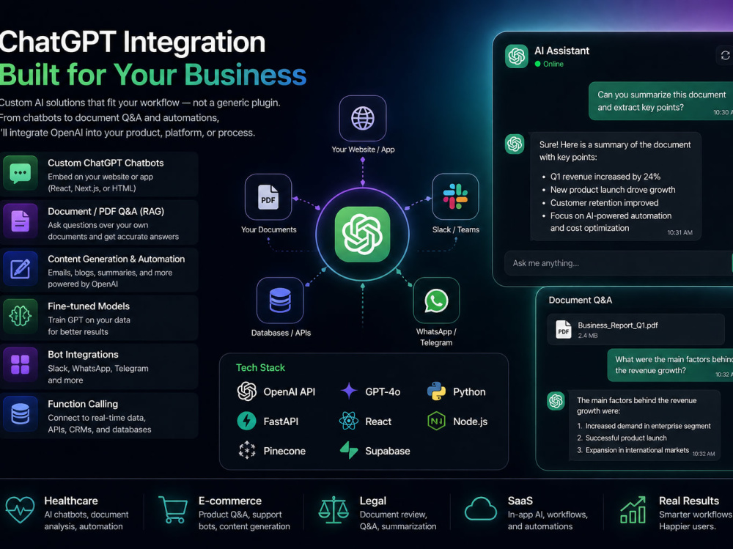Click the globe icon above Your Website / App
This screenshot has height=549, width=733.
[x=363, y=118]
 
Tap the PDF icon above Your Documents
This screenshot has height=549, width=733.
[x=268, y=197]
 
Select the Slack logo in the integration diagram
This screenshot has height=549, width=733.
[x=455, y=196]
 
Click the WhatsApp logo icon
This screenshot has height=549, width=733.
[x=436, y=301]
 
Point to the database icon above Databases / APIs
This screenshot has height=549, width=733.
[x=280, y=301]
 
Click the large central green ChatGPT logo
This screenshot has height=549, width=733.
[x=362, y=235]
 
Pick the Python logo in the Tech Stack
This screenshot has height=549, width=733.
[x=436, y=391]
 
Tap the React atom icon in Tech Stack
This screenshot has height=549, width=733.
[x=348, y=421]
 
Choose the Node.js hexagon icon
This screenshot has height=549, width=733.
[x=436, y=421]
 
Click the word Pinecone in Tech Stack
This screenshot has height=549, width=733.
[x=284, y=451]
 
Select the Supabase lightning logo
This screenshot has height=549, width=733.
[x=349, y=450]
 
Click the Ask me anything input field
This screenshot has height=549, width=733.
[x=618, y=263]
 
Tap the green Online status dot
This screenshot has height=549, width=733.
[x=537, y=64]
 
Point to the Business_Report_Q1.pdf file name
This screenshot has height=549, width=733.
[x=617, y=325]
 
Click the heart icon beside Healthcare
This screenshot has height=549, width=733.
[x=20, y=509]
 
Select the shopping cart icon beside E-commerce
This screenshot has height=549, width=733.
[x=174, y=509]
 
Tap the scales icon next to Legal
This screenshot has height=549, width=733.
[x=334, y=509]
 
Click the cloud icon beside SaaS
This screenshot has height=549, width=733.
[x=481, y=509]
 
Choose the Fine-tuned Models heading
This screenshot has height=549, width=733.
[x=89, y=306]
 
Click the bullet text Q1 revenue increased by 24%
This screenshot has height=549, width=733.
[x=605, y=177]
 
